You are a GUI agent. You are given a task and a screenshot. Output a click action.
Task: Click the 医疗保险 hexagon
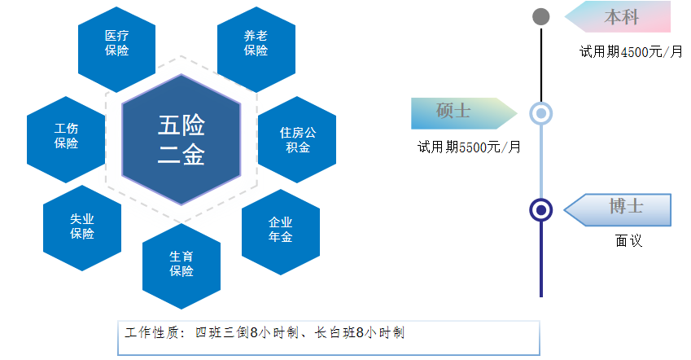tap(116, 50)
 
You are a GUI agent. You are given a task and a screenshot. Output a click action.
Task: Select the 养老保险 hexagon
tap(256, 50)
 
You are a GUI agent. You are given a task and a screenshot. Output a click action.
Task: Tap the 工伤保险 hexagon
tap(66, 139)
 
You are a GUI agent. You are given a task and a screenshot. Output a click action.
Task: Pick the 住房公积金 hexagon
tap(297, 139)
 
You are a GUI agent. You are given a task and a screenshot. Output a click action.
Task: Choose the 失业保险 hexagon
tap(82, 228)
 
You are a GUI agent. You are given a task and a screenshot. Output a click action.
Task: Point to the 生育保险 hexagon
tap(181, 266)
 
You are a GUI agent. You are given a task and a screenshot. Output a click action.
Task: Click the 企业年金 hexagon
tap(281, 232)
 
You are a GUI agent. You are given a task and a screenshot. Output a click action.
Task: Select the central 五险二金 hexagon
tap(181, 139)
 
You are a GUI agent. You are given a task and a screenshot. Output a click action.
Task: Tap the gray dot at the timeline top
tap(541, 17)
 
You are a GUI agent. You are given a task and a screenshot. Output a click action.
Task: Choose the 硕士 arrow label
tap(464, 113)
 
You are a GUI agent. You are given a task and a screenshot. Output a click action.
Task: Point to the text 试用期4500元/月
tap(631, 52)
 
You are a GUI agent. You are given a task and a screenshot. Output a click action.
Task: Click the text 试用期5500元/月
tap(469, 147)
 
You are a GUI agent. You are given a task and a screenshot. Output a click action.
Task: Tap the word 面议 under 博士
tap(628, 241)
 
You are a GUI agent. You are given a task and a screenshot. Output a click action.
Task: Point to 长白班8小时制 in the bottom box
tap(359, 332)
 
